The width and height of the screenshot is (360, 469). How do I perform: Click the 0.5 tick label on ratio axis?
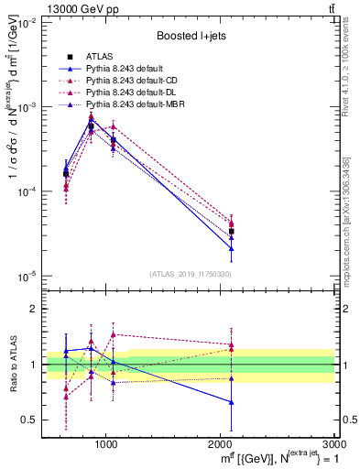tap(30, 420)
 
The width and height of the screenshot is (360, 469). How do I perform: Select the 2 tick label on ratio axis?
tap(36, 310)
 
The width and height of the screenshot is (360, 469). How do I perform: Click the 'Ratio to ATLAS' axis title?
tap(12, 365)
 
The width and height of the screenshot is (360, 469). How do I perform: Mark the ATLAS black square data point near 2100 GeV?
tap(232, 232)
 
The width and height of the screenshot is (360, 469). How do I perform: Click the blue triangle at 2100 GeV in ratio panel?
tap(232, 402)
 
